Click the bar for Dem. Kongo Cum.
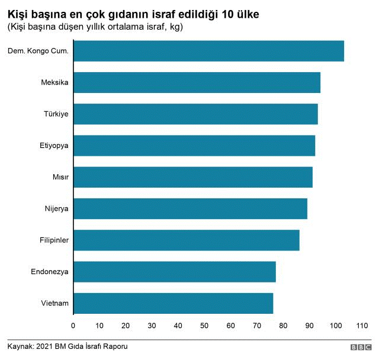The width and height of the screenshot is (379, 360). tap(208, 51)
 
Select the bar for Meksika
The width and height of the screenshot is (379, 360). tap(197, 82)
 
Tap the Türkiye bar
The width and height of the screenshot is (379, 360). tap(195, 114)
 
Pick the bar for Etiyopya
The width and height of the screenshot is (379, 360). tap(194, 145)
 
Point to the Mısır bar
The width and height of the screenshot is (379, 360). tap(192, 177)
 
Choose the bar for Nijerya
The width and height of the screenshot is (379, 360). tap(190, 208)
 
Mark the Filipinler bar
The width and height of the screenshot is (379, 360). tap(186, 240)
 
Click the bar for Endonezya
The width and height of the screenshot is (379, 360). tap(174, 272)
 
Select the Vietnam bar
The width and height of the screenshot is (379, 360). tap(173, 303)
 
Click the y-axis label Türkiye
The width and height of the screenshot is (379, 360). tap(56, 114)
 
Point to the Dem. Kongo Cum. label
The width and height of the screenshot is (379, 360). tap(38, 51)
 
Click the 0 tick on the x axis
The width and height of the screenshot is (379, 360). tap(73, 326)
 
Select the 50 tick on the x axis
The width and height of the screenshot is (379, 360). tap(204, 326)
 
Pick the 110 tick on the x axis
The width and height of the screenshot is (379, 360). tap(362, 326)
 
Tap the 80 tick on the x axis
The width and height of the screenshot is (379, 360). tap(283, 326)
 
